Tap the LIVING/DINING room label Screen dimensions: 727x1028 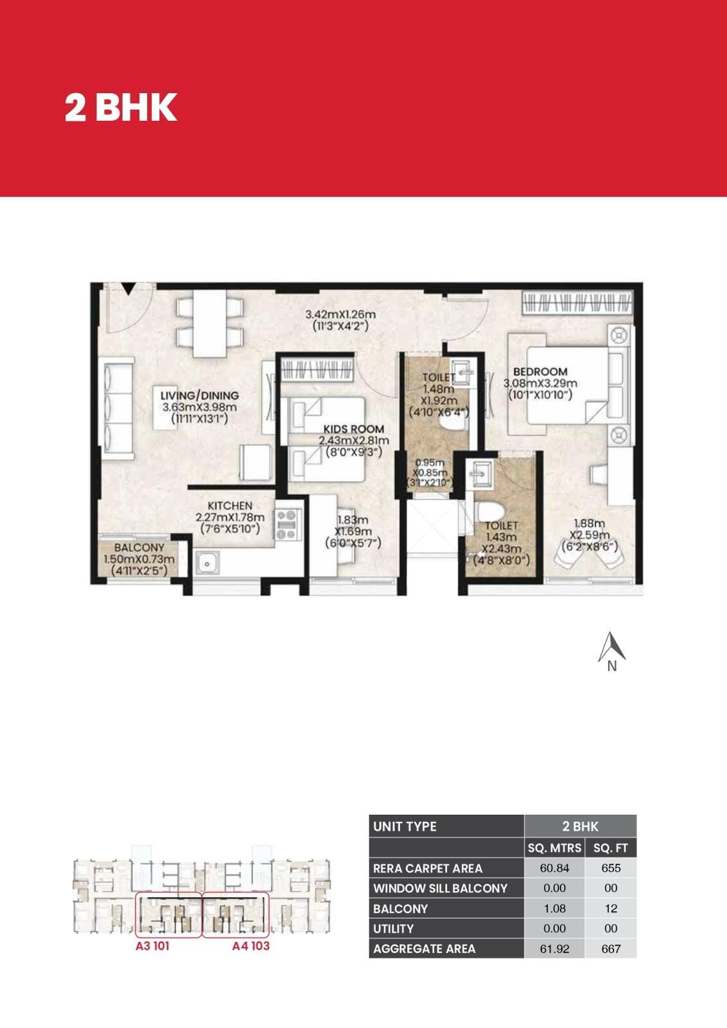(x=200, y=395)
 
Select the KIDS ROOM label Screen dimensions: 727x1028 (x=354, y=429)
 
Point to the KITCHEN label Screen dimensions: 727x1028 (x=230, y=505)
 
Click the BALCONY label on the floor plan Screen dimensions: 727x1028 (x=139, y=547)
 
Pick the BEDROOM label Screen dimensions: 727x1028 (x=540, y=371)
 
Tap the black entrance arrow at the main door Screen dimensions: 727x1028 (x=129, y=288)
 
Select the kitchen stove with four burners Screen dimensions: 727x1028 (x=288, y=524)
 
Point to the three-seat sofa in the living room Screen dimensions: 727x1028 (x=118, y=409)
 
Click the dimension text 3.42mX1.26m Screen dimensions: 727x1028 (x=340, y=314)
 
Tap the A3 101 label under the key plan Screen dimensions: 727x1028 (x=152, y=946)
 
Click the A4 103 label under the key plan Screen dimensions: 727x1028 (x=250, y=946)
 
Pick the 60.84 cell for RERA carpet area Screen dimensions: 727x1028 (x=554, y=868)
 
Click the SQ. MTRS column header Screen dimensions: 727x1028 (x=554, y=847)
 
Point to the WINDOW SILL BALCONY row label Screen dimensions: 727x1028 (x=440, y=888)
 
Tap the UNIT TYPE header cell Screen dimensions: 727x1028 (x=446, y=826)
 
